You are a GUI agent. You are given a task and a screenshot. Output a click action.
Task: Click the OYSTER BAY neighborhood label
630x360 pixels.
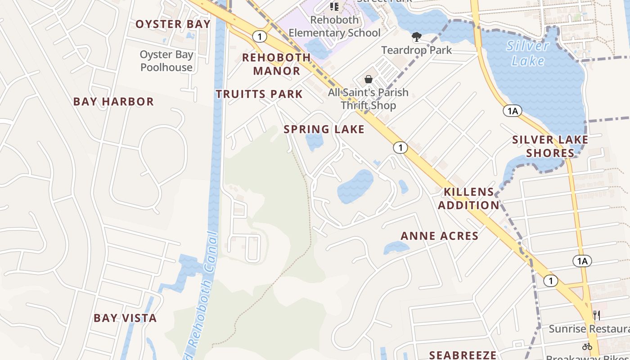[x=173, y=24]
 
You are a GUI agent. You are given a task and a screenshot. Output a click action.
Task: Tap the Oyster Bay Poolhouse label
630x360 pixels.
[x=166, y=61]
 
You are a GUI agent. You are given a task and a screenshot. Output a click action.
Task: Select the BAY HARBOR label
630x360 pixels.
[x=113, y=102]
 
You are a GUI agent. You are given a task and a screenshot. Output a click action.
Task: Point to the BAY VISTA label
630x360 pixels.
[x=125, y=318]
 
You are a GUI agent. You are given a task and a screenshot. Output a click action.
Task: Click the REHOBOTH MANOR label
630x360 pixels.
[x=276, y=64]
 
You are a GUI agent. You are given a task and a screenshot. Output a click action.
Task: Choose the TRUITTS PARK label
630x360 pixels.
[x=259, y=94]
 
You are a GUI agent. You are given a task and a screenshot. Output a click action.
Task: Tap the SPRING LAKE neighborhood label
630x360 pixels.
[x=324, y=130]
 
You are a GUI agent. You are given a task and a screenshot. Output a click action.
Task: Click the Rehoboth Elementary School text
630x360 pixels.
[x=334, y=26]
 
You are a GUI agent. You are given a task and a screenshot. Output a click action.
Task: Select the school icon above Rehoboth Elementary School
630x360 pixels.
[x=334, y=6]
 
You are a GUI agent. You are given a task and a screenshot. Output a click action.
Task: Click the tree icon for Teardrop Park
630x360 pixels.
[x=417, y=36]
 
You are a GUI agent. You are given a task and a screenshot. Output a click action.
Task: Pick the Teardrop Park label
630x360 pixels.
[x=417, y=50]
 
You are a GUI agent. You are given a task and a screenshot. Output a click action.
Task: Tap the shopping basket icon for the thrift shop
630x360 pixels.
[x=369, y=79]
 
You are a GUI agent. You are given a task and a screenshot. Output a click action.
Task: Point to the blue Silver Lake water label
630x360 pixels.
[x=528, y=53]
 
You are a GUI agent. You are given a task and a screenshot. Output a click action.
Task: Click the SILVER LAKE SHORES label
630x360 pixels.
[x=550, y=146]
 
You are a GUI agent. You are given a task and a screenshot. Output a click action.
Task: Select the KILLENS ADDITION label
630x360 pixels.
[x=469, y=198]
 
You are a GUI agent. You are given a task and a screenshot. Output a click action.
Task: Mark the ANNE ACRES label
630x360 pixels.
[x=439, y=236]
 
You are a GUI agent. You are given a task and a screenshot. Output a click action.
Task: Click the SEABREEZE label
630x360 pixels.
[x=463, y=355]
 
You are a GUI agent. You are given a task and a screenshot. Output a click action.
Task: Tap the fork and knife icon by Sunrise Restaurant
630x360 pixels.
[x=597, y=315]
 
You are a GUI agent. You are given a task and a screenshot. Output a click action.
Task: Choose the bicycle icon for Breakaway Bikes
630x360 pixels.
[x=587, y=346]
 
